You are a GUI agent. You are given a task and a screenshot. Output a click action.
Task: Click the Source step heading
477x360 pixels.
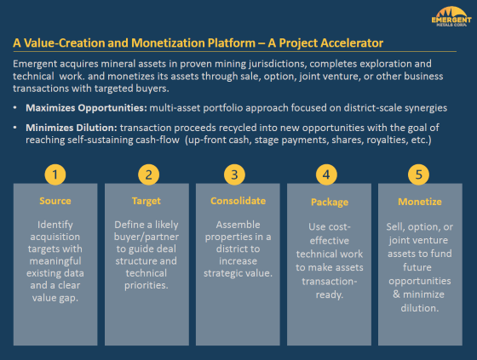55,202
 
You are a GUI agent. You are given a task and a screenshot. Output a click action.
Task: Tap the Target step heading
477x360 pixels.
147,202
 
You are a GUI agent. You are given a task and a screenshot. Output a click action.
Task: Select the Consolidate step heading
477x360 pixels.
238,202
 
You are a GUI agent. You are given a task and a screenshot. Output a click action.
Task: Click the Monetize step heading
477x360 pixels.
419,202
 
